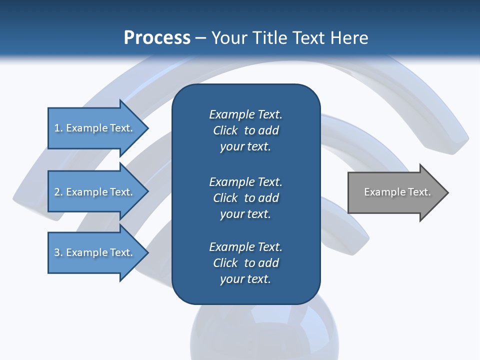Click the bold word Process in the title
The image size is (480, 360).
click(x=157, y=38)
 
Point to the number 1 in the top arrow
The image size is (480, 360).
click(x=57, y=128)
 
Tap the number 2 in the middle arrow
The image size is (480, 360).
click(x=57, y=192)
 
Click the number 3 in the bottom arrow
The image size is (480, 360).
click(x=57, y=252)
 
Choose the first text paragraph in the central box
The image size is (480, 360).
click(x=245, y=130)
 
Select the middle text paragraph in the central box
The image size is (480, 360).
click(x=245, y=197)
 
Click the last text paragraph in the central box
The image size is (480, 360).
click(x=245, y=263)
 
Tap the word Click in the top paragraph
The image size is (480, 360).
click(x=225, y=130)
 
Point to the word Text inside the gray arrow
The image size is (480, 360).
click(x=419, y=192)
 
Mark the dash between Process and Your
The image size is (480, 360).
click(x=200, y=38)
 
